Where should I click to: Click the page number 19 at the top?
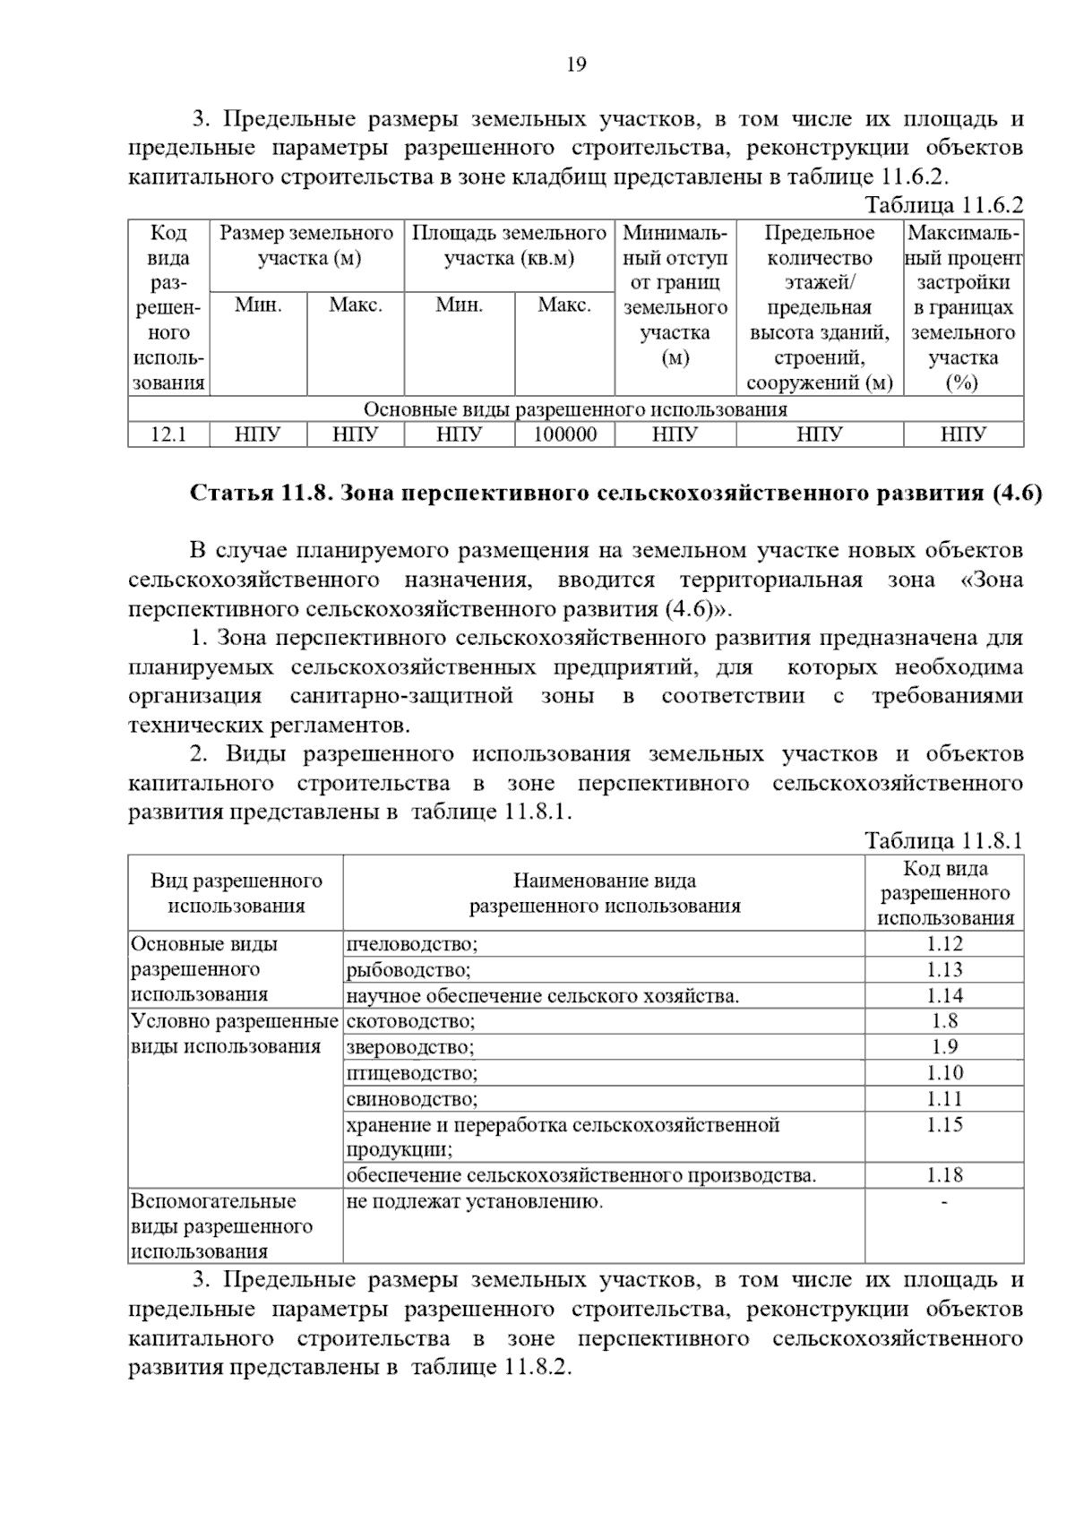click(576, 64)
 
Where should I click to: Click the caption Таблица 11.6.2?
click(943, 205)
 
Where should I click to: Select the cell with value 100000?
click(564, 435)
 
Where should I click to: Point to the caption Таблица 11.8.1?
click(943, 841)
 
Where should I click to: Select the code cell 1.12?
click(944, 943)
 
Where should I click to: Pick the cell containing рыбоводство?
click(408, 970)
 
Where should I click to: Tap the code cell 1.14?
click(944, 995)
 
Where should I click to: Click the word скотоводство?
click(410, 1021)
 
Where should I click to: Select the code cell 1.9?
click(944, 1046)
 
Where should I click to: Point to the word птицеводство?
click(412, 1073)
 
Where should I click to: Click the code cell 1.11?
click(944, 1098)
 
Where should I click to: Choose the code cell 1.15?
click(944, 1125)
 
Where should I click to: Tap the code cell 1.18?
click(944, 1175)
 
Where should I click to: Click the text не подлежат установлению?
click(475, 1201)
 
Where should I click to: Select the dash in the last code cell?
click(944, 1201)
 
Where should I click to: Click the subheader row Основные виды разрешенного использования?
click(575, 410)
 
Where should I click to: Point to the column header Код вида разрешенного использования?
click(944, 893)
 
